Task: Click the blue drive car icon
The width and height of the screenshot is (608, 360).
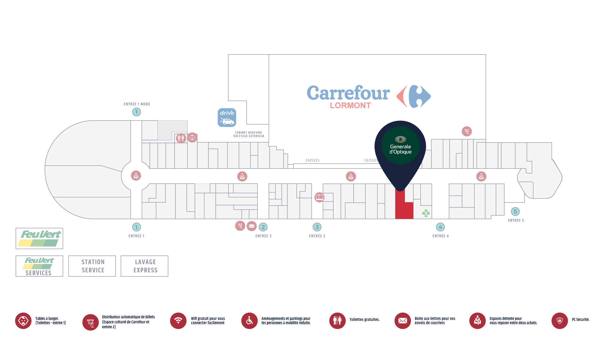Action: click(227, 117)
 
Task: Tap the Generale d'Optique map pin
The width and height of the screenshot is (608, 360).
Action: click(400, 146)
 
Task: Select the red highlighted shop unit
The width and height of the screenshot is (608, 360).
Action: click(404, 207)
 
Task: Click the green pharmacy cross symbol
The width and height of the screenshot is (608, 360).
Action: click(426, 213)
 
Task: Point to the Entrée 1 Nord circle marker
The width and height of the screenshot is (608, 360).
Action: click(136, 112)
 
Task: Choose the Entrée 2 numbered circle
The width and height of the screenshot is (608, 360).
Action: click(263, 227)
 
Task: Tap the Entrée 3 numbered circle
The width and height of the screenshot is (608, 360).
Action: click(317, 227)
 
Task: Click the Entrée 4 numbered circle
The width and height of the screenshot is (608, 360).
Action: click(440, 227)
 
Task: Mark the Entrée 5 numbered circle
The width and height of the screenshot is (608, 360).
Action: click(515, 212)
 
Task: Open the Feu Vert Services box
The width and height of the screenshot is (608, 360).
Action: click(39, 266)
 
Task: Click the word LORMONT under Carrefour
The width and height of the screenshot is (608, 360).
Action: click(350, 106)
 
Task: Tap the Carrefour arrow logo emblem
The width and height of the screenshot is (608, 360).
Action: click(414, 96)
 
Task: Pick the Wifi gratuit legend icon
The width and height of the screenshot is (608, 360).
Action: click(178, 320)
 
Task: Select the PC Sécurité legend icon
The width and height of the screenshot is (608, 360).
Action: click(560, 320)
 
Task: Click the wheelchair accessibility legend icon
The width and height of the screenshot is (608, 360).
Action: click(249, 320)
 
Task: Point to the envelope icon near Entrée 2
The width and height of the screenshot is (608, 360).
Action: click(252, 226)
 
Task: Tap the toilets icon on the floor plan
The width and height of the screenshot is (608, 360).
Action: click(181, 138)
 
